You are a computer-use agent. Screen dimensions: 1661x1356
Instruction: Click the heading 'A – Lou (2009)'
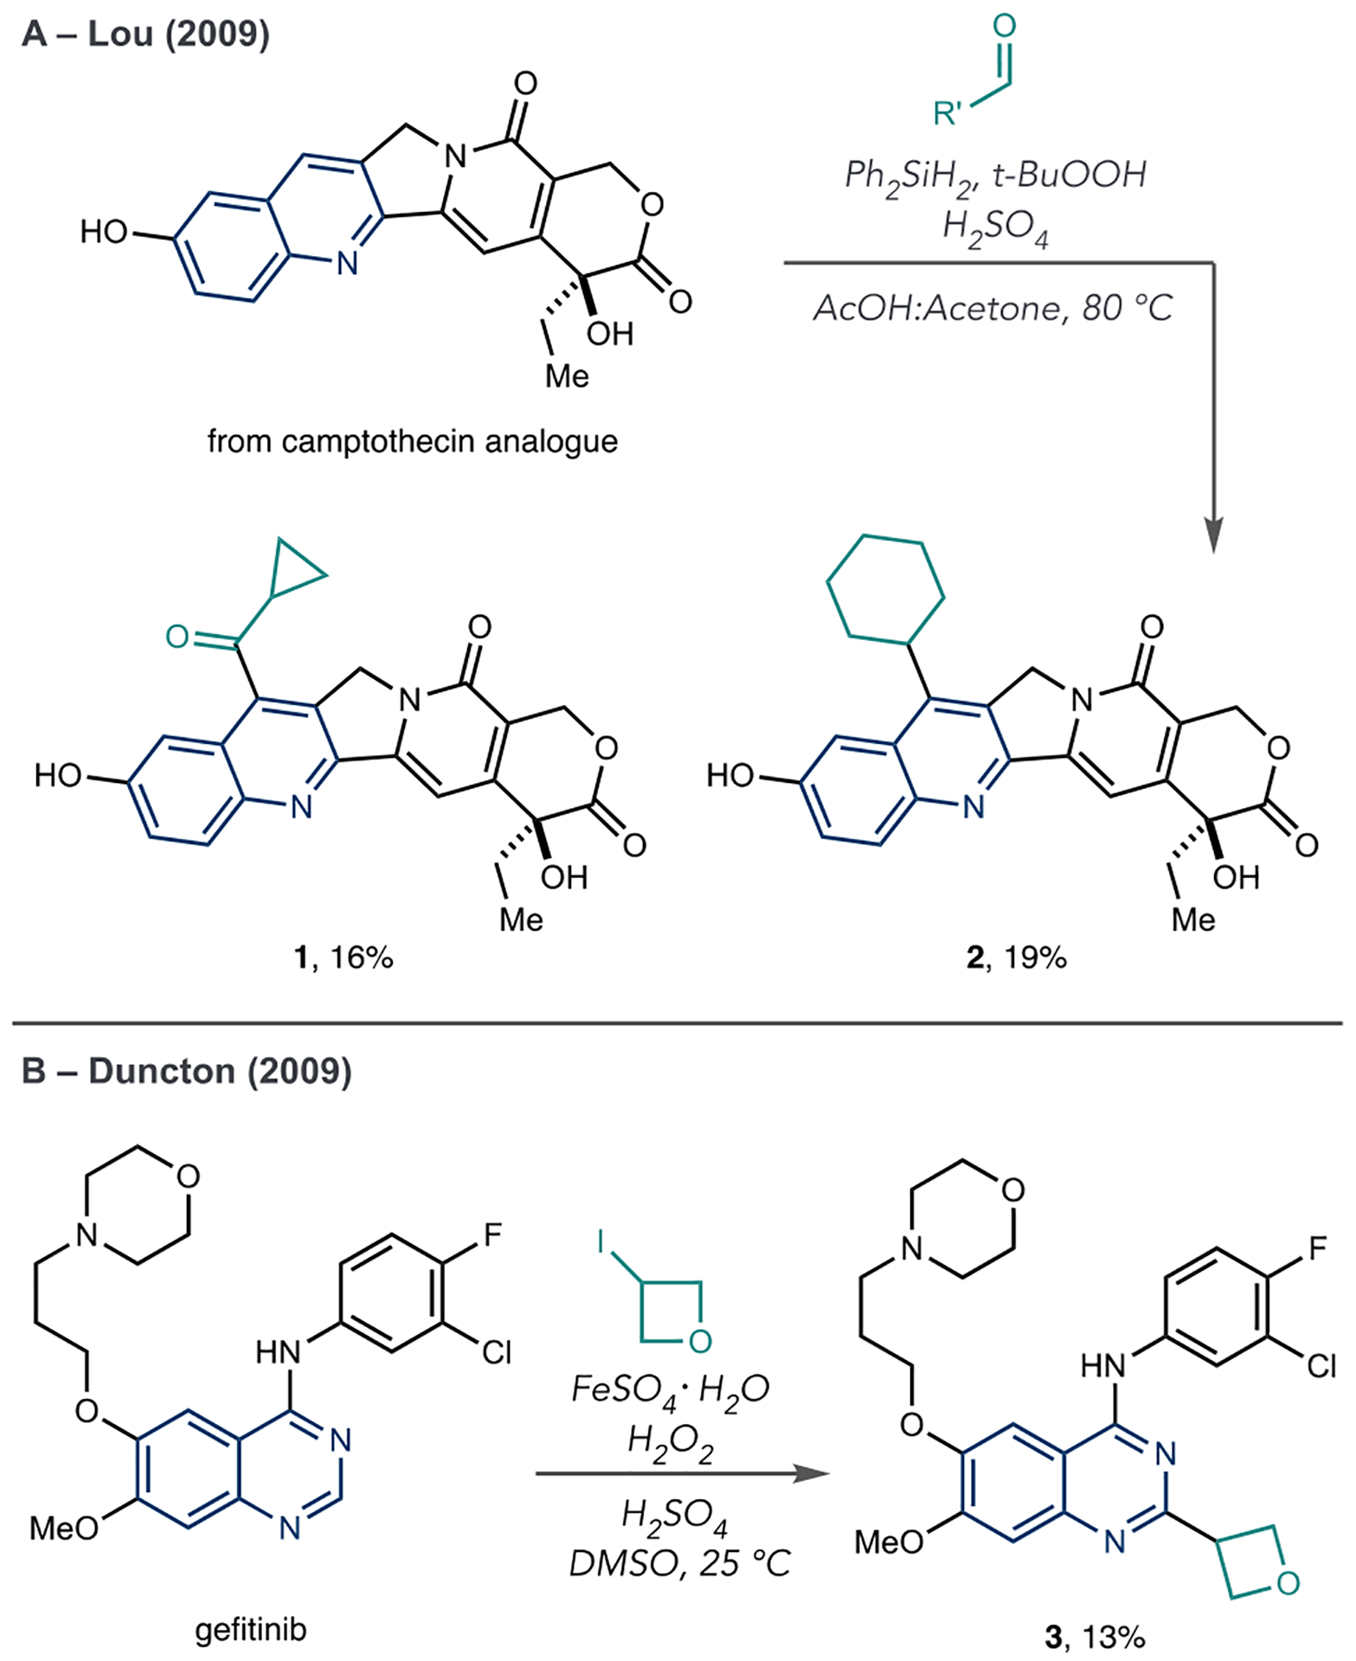coord(145,35)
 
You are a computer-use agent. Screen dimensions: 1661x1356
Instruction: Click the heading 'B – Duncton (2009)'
coord(186,1071)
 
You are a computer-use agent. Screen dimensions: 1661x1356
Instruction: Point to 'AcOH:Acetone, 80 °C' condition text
coord(993,309)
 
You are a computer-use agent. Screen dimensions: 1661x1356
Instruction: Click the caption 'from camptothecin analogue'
coord(412,442)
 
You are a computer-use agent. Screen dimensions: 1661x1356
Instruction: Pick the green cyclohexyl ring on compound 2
coord(884,588)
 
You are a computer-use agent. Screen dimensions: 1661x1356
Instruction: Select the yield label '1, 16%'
coord(344,958)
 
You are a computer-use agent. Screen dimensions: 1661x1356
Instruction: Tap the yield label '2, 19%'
coord(1016,958)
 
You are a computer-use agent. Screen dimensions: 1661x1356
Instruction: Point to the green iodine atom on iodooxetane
coord(601,1242)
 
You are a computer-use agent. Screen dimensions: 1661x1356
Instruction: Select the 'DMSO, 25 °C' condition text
coord(679,1563)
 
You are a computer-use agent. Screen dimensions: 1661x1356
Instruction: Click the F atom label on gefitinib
coord(492,1235)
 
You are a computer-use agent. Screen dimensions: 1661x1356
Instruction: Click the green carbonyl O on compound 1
coord(177,637)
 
